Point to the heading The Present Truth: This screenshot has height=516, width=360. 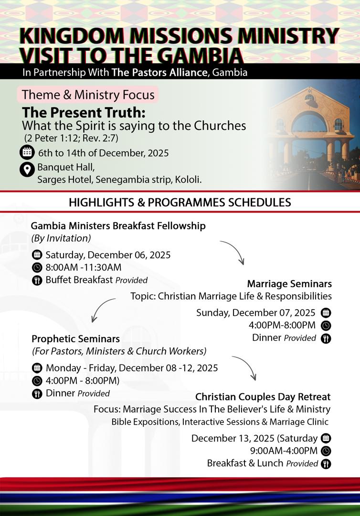pos(84,113)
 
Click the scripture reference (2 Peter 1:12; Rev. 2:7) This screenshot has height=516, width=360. pos(71,138)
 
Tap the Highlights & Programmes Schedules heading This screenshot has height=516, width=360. pos(180,202)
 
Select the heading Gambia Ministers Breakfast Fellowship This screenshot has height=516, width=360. pos(118,226)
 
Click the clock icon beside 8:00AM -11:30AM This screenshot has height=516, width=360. pos(37,268)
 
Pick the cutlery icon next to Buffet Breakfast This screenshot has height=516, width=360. pos(37,280)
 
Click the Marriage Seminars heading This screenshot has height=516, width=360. pos(289,284)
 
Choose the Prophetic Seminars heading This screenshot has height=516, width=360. pos(75,339)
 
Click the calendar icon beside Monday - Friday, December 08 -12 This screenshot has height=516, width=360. pos(37,368)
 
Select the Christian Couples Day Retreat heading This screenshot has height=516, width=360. pos(263,397)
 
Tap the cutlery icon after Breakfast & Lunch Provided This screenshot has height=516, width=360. pos(326,463)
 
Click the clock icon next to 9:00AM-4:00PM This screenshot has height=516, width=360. pos(326,451)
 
